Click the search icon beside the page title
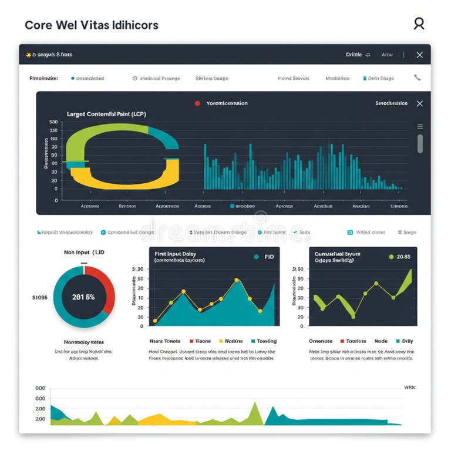pyautogui.click(x=419, y=23)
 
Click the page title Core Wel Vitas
pyautogui.click(x=91, y=25)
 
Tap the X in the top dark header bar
pyautogui.click(x=419, y=55)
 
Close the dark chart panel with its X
pyautogui.click(x=419, y=103)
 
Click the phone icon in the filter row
pyautogui.click(x=417, y=78)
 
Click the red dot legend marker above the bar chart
pyautogui.click(x=197, y=103)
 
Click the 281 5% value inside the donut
pyautogui.click(x=83, y=297)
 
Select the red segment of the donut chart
pyautogui.click(x=107, y=291)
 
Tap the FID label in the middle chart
pyautogui.click(x=269, y=257)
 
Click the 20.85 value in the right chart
pyautogui.click(x=403, y=257)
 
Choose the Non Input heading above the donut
pyautogui.click(x=84, y=252)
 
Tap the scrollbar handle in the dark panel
pyautogui.click(x=420, y=143)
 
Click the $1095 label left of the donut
pyautogui.click(x=39, y=298)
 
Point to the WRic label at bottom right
pyautogui.click(x=409, y=388)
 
